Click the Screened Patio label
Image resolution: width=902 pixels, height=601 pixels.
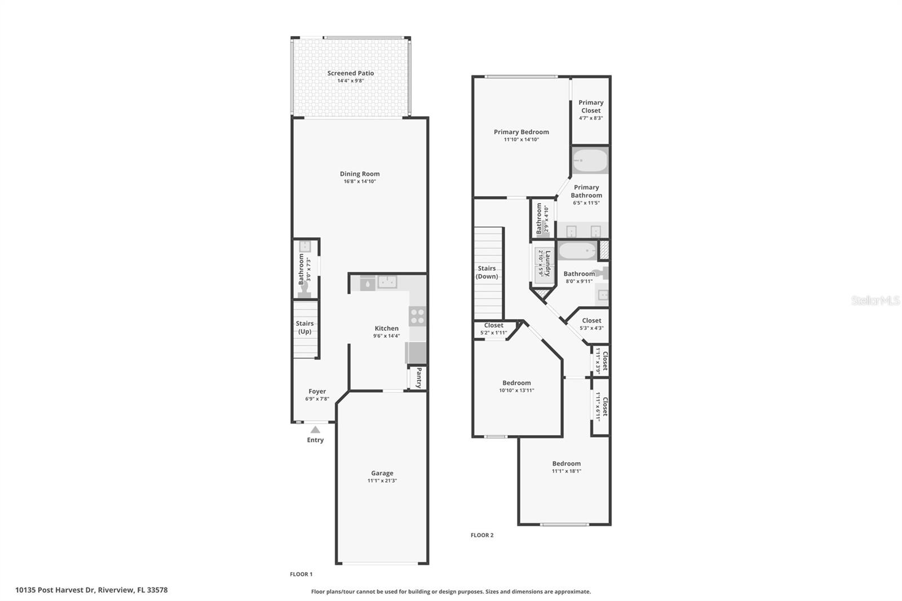(x=350, y=73)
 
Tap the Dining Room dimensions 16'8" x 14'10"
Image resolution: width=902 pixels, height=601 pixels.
(x=360, y=182)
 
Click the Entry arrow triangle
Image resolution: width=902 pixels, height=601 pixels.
(x=315, y=430)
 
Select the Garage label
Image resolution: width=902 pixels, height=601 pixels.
(x=382, y=474)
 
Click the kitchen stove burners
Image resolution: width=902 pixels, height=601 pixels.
(x=417, y=316)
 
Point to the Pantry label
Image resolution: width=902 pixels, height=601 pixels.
(x=419, y=378)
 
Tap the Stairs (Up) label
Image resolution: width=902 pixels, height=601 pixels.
(x=304, y=328)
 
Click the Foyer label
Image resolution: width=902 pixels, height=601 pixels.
(x=317, y=391)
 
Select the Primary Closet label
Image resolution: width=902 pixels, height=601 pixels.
(x=591, y=107)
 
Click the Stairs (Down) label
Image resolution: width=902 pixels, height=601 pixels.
(x=487, y=272)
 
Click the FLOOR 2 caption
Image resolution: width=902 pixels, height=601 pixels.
(x=482, y=535)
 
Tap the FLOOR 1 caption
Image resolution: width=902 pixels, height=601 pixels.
(x=301, y=574)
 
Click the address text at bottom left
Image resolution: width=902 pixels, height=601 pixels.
(x=91, y=590)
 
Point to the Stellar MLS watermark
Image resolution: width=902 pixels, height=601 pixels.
(x=875, y=301)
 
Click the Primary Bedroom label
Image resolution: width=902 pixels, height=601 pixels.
(x=521, y=132)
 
